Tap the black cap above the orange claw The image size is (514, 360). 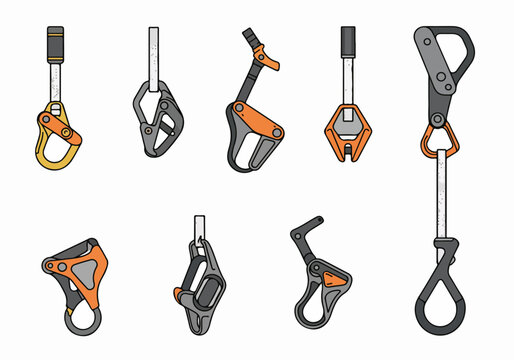[x=348, y=41]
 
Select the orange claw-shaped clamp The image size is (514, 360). [x=347, y=135]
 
